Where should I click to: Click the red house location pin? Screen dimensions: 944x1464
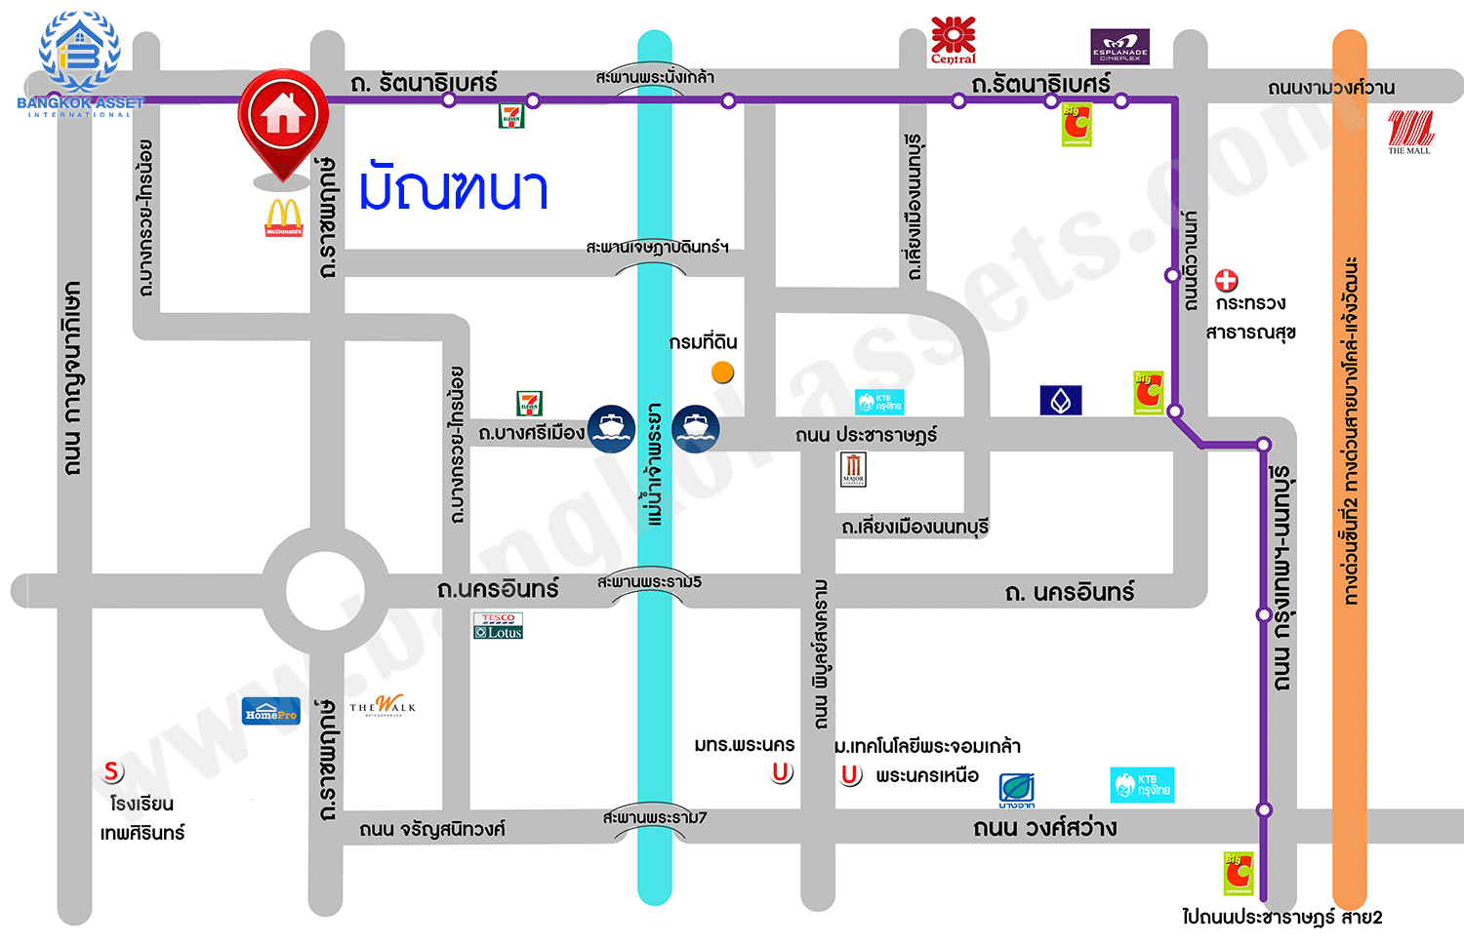click(283, 117)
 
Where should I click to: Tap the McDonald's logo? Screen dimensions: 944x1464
click(284, 216)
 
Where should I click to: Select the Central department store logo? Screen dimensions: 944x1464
click(953, 40)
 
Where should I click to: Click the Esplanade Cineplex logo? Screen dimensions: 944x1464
click(1119, 46)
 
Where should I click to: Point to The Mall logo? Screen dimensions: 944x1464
click(1409, 132)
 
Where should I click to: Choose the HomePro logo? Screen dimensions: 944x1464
click(271, 712)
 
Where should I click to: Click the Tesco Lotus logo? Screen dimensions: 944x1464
click(498, 626)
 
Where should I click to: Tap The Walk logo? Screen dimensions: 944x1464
click(383, 705)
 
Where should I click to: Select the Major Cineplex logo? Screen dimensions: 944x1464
click(853, 469)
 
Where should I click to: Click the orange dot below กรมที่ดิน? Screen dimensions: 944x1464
click(722, 372)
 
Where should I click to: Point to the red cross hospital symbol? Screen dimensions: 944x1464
click(1226, 281)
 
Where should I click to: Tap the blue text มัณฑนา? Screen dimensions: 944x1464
click(453, 188)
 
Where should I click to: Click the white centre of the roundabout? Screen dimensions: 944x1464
click(324, 591)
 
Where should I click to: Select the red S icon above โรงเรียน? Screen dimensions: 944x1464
click(113, 771)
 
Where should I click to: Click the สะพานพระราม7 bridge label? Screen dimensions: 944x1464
click(654, 817)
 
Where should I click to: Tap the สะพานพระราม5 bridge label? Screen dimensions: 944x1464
click(649, 582)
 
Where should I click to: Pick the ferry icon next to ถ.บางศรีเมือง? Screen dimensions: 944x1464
click(612, 429)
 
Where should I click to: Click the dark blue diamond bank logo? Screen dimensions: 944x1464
click(1061, 400)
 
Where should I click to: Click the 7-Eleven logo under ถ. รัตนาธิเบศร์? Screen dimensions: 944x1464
click(511, 116)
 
